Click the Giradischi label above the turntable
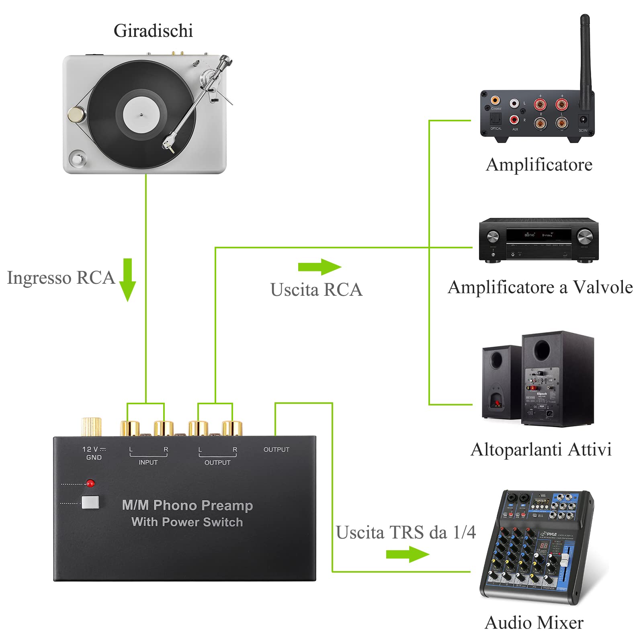(153, 31)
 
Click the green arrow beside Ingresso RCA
(127, 280)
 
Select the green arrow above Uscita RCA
(319, 267)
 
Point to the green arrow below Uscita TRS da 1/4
(407, 555)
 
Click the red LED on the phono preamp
(90, 483)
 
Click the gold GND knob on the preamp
(91, 427)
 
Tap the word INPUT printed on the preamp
(148, 463)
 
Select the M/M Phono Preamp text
(187, 505)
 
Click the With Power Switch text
(187, 522)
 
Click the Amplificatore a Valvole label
(540, 287)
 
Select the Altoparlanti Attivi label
(541, 450)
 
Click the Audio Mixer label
(534, 623)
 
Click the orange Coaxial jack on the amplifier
(495, 100)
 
